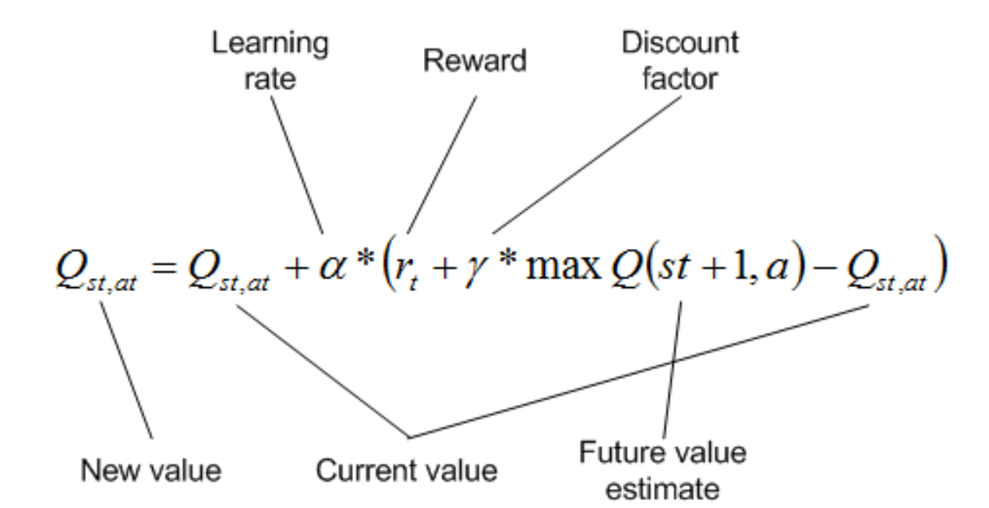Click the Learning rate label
click(x=270, y=61)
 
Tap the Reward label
click(x=475, y=61)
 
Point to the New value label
click(x=152, y=471)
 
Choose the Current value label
click(x=406, y=471)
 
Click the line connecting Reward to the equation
click(x=442, y=164)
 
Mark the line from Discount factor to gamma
click(x=582, y=164)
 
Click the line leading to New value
click(x=125, y=371)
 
